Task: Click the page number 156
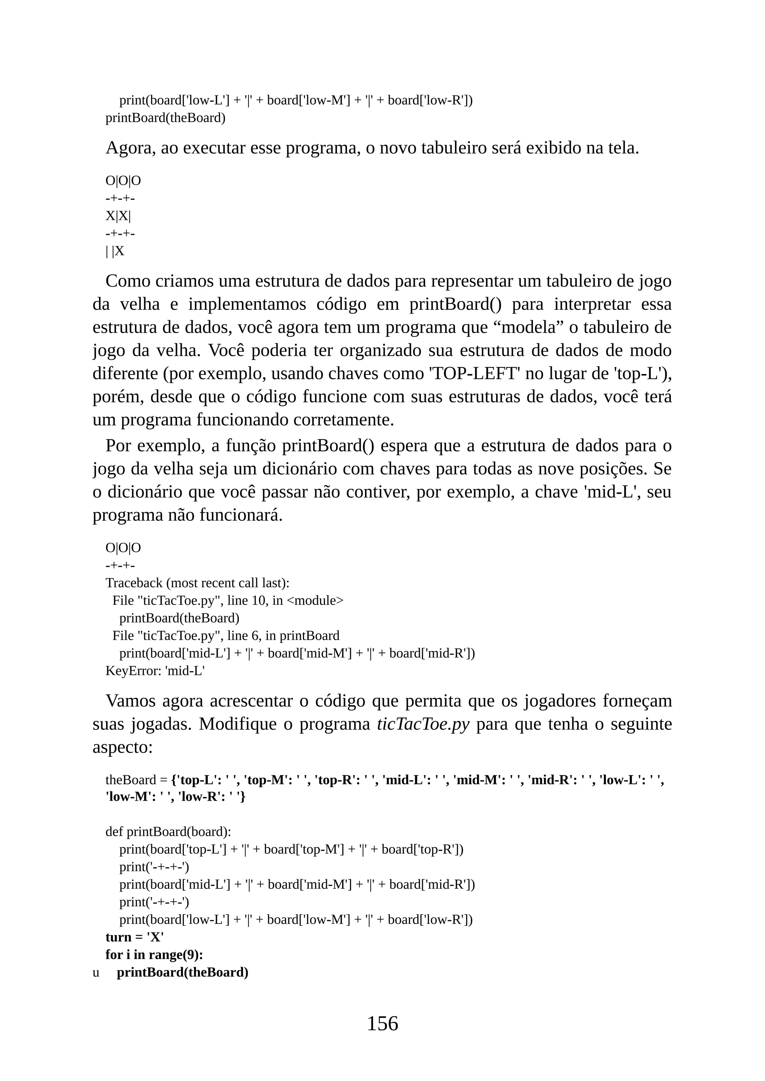pos(382,1024)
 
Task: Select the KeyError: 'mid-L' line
pos(155,670)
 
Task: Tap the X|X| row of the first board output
pos(118,216)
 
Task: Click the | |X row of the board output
pos(115,251)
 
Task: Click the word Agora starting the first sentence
pos(130,148)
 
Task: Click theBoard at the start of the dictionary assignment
pos(130,780)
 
